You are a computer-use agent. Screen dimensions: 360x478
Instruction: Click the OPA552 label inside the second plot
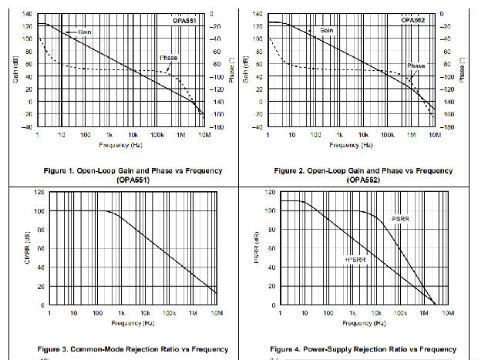[412, 20]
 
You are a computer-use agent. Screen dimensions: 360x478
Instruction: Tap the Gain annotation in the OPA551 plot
[84, 32]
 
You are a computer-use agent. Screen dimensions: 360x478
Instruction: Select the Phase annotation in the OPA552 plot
[416, 66]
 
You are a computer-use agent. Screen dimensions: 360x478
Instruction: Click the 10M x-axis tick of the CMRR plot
[217, 314]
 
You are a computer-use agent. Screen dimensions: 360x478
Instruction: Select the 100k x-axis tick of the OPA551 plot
[157, 136]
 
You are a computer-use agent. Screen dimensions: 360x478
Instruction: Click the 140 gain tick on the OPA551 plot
[28, 15]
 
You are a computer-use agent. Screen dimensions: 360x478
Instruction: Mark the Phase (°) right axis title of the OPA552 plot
[462, 70]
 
